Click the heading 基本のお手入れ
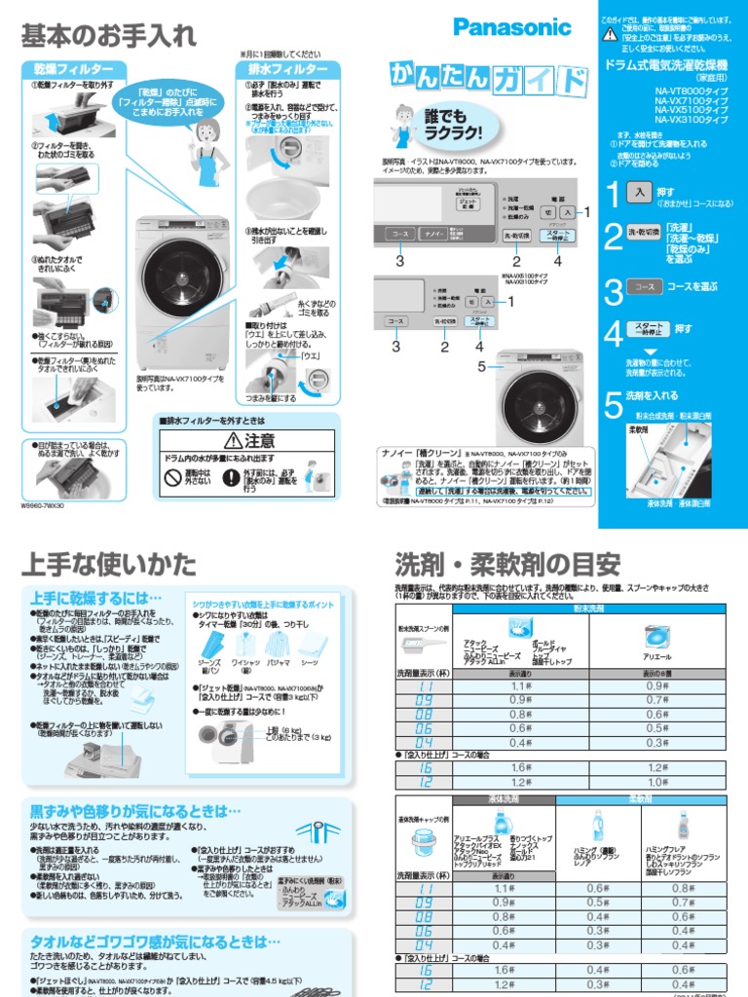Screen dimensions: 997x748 108,37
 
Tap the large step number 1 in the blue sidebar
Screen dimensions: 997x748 611,194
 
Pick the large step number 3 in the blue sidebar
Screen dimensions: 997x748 612,288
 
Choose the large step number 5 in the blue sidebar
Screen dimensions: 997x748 612,402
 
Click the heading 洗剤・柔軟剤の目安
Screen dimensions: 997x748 507,564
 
